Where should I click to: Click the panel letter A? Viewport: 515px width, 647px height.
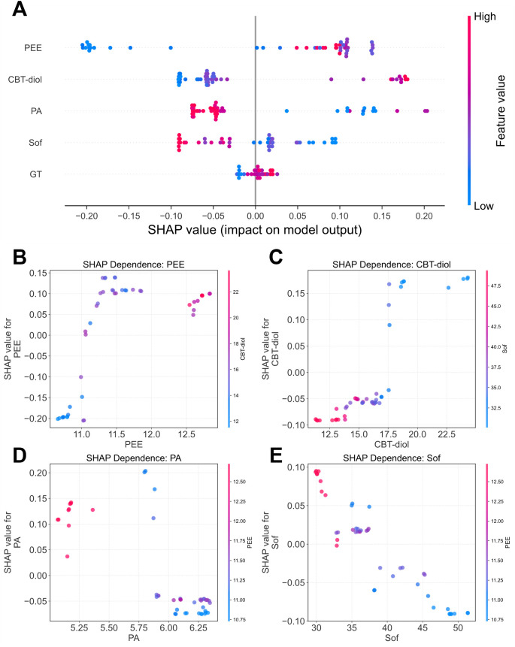pyautogui.click(x=20, y=9)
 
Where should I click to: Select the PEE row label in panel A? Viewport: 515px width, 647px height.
pyautogui.click(x=33, y=48)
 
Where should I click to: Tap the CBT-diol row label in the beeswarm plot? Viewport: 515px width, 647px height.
pyautogui.click(x=25, y=79)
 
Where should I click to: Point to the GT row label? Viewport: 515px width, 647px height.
pyautogui.click(x=35, y=174)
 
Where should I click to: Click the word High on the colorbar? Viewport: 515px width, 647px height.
pyautogui.click(x=484, y=17)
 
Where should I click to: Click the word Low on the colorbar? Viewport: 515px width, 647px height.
pyautogui.click(x=483, y=206)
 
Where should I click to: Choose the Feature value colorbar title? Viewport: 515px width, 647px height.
pyautogui.click(x=501, y=110)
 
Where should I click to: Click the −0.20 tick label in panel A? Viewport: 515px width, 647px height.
pyautogui.click(x=86, y=216)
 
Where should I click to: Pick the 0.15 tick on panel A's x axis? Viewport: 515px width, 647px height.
pyautogui.click(x=382, y=216)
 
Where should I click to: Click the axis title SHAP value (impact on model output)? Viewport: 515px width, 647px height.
pyautogui.click(x=255, y=229)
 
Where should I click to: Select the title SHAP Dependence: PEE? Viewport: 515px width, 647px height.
pyautogui.click(x=134, y=265)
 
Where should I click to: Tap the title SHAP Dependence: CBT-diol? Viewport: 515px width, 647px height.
pyautogui.click(x=392, y=265)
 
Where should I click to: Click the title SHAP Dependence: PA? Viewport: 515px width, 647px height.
pyautogui.click(x=134, y=458)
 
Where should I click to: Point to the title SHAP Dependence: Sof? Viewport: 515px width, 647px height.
pyautogui.click(x=392, y=458)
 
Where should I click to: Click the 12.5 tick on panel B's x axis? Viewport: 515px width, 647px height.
pyautogui.click(x=186, y=434)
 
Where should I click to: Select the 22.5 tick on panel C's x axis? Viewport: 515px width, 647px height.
pyautogui.click(x=447, y=434)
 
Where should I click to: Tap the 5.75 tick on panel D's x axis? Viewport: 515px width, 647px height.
pyautogui.click(x=139, y=628)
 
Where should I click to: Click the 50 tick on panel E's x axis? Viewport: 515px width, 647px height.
pyautogui.click(x=458, y=628)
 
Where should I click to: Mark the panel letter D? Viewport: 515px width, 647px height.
pyautogui.click(x=20, y=455)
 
